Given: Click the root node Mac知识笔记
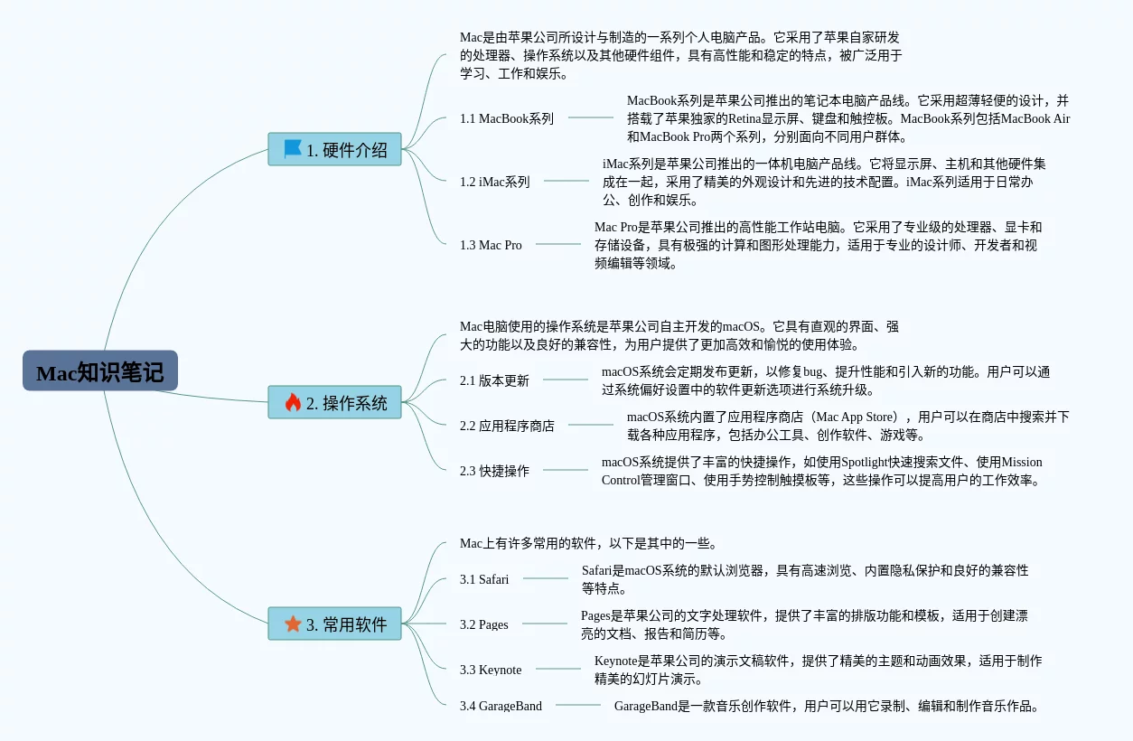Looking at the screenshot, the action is click(x=100, y=371).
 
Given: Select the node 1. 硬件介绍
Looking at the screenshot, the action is click(x=334, y=150).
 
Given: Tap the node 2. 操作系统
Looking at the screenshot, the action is click(x=334, y=403).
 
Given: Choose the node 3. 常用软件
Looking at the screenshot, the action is click(x=334, y=624).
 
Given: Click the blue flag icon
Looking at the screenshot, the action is click(x=293, y=149).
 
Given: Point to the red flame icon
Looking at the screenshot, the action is click(x=293, y=402).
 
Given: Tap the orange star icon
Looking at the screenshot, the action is click(x=293, y=624).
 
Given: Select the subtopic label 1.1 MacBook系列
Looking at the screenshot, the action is click(x=507, y=118).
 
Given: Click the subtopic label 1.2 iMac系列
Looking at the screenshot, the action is click(x=494, y=182).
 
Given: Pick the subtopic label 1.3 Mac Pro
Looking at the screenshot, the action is click(x=491, y=245).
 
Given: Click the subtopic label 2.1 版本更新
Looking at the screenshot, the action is click(x=494, y=380).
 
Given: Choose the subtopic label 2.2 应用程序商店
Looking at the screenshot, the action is click(x=507, y=426).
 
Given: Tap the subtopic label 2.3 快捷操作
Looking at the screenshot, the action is click(x=494, y=471).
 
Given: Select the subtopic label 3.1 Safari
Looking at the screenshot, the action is click(x=484, y=579).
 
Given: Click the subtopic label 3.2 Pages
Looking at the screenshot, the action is click(x=483, y=624).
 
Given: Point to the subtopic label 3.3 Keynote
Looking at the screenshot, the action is click(x=491, y=670).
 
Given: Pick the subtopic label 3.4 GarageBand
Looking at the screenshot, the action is click(x=501, y=706).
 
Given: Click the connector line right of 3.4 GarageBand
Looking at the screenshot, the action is click(x=577, y=705).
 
